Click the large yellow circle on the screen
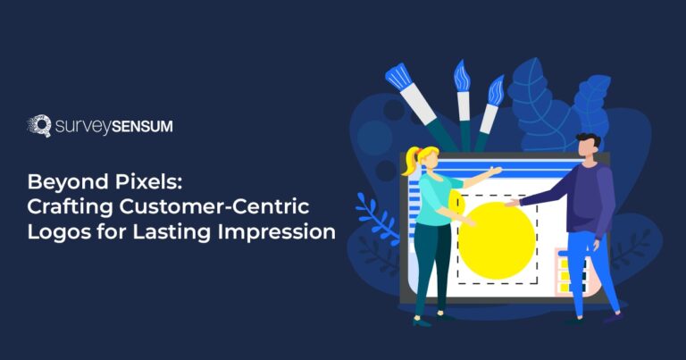click(497, 239)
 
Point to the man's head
click(587, 146)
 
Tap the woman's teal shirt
click(440, 199)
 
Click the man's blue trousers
click(589, 268)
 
